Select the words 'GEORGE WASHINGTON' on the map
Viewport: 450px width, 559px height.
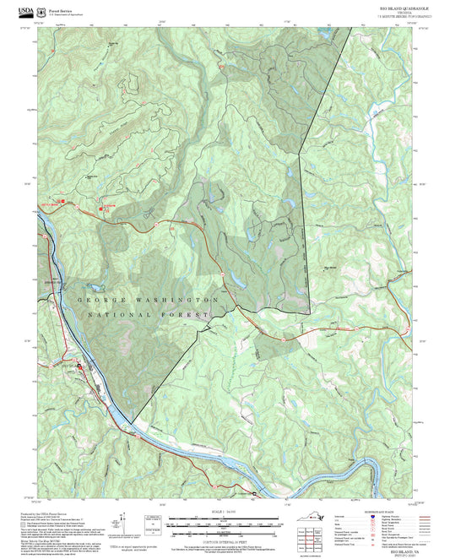click(x=149, y=301)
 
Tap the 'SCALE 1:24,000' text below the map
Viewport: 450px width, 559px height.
click(x=225, y=508)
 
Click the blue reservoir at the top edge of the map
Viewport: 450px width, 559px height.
click(x=325, y=35)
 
